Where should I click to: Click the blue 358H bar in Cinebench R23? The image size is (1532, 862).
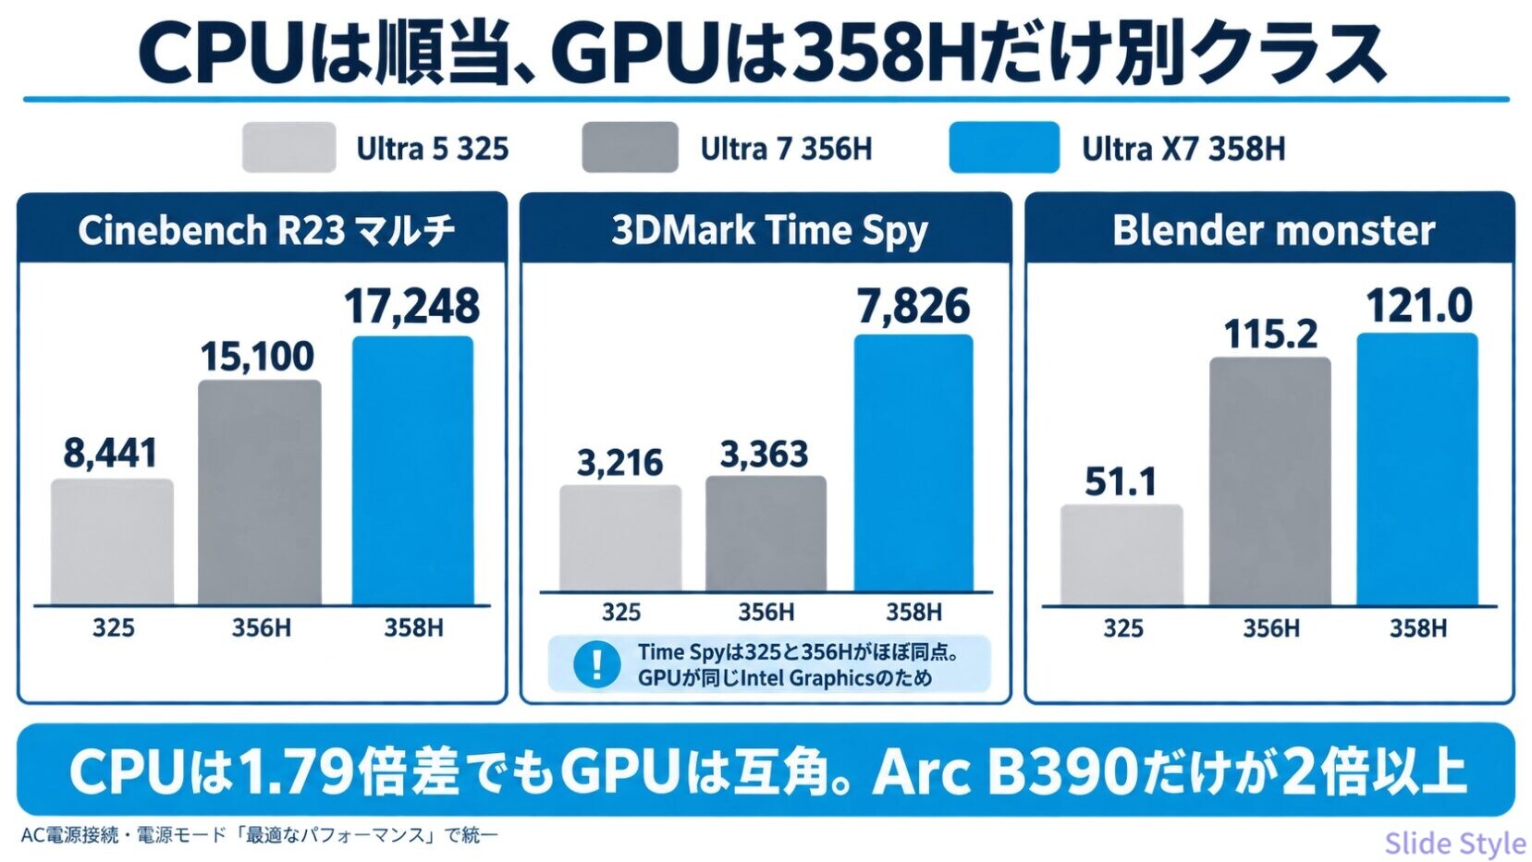pyautogui.click(x=412, y=470)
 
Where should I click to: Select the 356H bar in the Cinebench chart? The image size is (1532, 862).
pyautogui.click(x=260, y=492)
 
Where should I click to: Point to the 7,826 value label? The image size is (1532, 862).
pyautogui.click(x=913, y=306)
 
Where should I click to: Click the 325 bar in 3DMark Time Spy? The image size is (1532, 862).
pyautogui.click(x=620, y=538)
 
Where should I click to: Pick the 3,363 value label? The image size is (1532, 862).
pyautogui.click(x=765, y=455)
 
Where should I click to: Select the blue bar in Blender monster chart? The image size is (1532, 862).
pyautogui.click(x=1417, y=469)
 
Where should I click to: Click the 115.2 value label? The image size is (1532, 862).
pyautogui.click(x=1270, y=335)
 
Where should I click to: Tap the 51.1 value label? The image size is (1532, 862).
pyautogui.click(x=1121, y=481)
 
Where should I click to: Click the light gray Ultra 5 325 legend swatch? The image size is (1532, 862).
pyautogui.click(x=289, y=148)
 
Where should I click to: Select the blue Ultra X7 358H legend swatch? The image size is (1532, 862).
pyautogui.click(x=1004, y=148)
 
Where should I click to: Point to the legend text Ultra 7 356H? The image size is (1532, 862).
pyautogui.click(x=787, y=149)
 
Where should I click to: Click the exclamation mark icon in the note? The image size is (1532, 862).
pyautogui.click(x=597, y=663)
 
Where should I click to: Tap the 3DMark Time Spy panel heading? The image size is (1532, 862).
pyautogui.click(x=770, y=230)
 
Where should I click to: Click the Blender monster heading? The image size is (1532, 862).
pyautogui.click(x=1273, y=230)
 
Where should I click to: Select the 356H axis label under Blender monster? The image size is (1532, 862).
pyautogui.click(x=1270, y=628)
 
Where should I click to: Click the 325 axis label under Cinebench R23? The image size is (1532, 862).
pyautogui.click(x=114, y=627)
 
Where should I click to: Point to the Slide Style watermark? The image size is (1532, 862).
pyautogui.click(x=1455, y=843)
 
